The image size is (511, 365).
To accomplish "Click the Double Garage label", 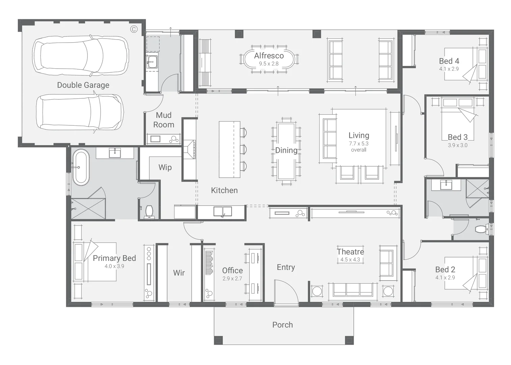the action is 83,85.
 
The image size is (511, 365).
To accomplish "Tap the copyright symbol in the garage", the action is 134,29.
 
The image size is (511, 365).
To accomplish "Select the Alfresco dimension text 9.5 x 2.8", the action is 269,64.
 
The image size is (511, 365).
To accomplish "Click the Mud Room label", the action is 164,120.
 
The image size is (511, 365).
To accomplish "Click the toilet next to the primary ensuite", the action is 149,212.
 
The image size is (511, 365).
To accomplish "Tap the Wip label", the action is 165,167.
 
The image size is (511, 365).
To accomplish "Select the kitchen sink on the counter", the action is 222,212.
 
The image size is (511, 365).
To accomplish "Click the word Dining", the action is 286,150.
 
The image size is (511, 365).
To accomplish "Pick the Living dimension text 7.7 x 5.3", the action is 359,144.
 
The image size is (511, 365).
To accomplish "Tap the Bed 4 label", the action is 449,61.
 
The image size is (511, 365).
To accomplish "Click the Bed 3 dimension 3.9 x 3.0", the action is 458,145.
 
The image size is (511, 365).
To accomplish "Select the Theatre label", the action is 350,252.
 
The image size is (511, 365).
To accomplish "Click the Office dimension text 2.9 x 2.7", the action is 232,279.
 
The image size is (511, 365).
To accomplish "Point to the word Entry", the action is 286,267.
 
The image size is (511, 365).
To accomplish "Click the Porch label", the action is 283,325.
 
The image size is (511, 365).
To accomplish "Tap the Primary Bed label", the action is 114,258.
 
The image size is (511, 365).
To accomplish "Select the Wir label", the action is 179,273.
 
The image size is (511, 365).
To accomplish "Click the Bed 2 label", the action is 445,269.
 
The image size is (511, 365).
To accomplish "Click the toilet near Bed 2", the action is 482,229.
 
